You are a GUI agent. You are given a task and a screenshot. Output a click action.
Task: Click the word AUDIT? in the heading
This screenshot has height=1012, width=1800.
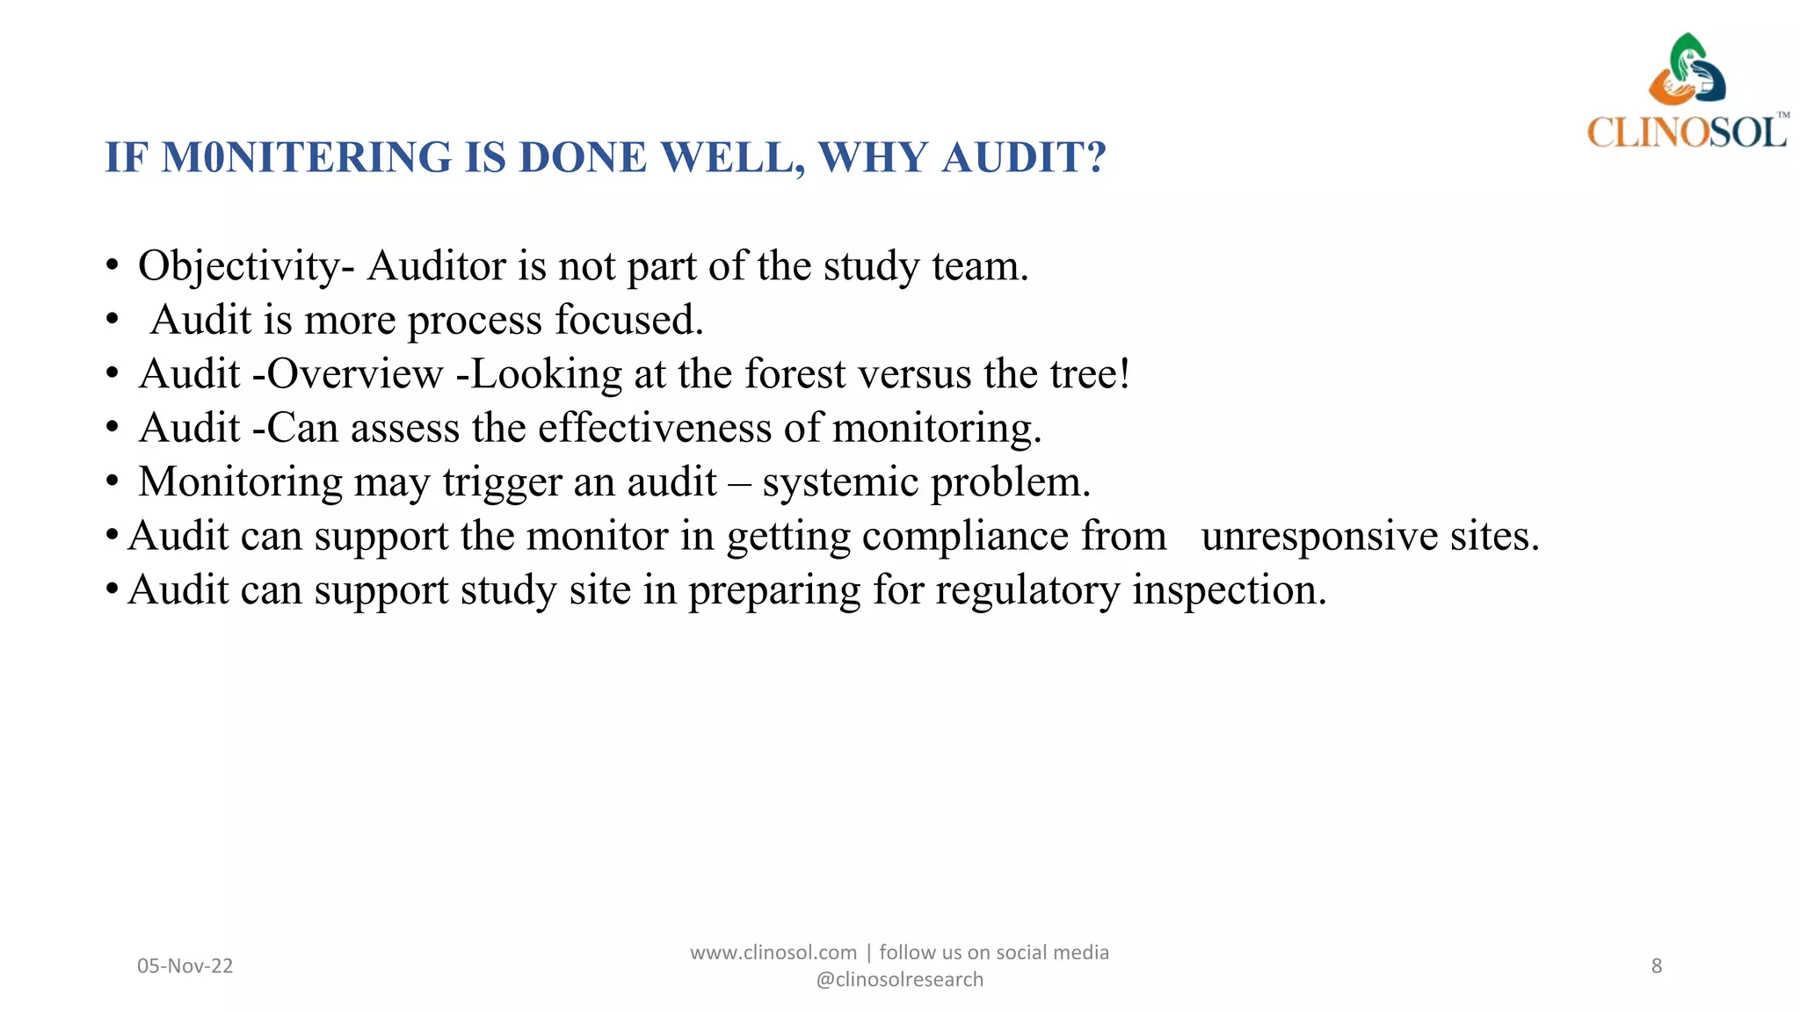[x=1023, y=158]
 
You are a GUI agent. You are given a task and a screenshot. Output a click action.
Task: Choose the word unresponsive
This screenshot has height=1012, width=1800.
[x=1319, y=537]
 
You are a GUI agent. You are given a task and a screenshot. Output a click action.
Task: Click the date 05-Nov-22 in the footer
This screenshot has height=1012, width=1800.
[x=185, y=966]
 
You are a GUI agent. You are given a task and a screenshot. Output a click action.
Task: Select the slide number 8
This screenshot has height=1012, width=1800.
[x=1657, y=966]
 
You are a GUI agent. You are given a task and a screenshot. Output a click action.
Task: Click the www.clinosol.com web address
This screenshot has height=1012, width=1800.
[x=773, y=953]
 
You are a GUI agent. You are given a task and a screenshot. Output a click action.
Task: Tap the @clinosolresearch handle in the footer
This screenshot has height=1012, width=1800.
[x=899, y=979]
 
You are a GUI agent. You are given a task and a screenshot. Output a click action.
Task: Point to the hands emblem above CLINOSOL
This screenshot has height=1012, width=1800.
[x=1687, y=70]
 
